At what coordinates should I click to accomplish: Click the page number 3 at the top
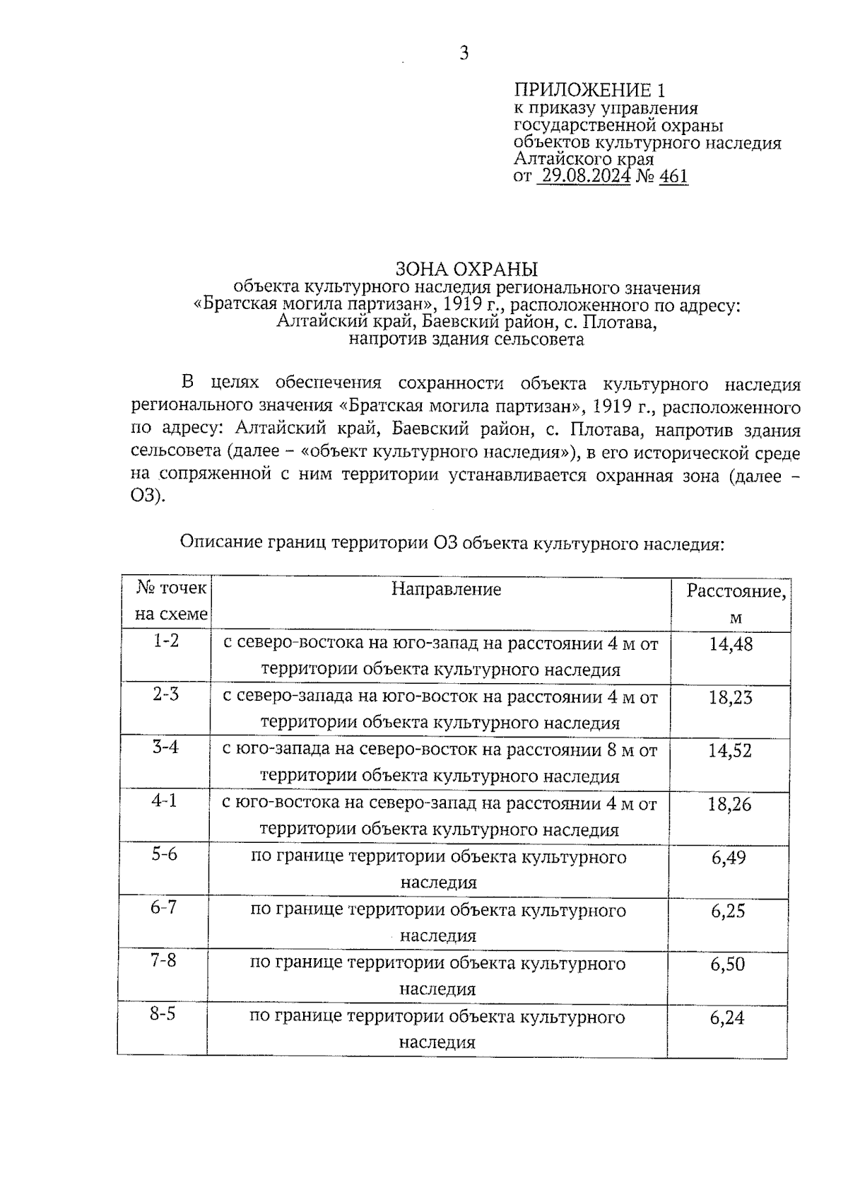(464, 53)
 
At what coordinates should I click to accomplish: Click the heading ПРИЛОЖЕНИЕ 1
(589, 90)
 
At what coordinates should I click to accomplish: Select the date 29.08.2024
(584, 176)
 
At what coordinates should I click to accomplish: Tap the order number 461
(673, 176)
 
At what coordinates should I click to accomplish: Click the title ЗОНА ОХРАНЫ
(466, 269)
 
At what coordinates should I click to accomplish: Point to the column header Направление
(446, 589)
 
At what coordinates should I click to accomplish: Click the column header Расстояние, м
(735, 603)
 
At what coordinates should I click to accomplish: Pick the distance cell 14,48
(731, 644)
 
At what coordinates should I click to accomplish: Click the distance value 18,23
(730, 697)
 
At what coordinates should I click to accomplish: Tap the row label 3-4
(165, 747)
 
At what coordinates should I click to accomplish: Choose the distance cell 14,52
(730, 751)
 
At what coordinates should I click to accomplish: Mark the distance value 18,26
(729, 804)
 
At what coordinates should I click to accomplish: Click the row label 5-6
(165, 854)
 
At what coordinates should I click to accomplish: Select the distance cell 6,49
(729, 858)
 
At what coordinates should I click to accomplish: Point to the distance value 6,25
(729, 911)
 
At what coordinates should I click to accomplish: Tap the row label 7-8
(163, 961)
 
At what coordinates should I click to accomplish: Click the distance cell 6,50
(729, 965)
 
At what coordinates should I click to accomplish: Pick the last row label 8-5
(163, 1014)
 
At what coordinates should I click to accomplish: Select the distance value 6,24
(728, 1018)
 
